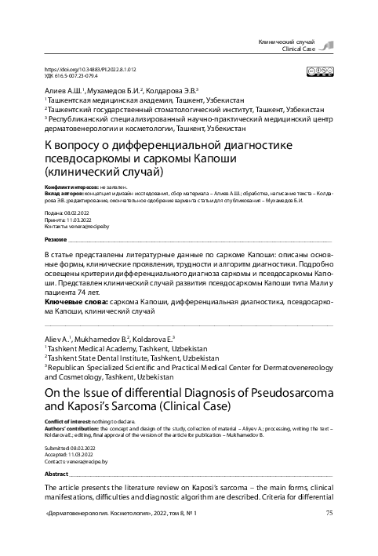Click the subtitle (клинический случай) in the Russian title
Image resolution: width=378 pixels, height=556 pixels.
[x=103, y=169]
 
